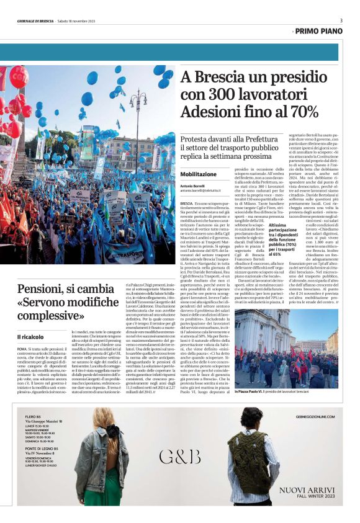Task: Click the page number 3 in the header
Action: pyautogui.click(x=341, y=20)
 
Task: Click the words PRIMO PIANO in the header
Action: pyautogui.click(x=319, y=31)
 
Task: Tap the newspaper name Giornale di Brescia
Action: pyautogui.click(x=35, y=21)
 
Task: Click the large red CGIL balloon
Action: pyautogui.click(x=19, y=77)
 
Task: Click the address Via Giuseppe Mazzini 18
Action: pyautogui.click(x=40, y=421)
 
